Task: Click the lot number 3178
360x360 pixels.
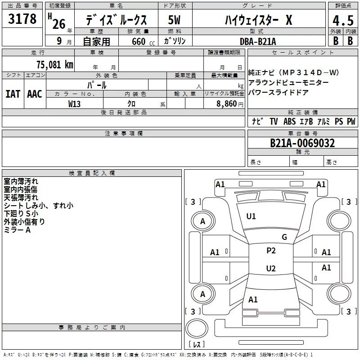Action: point(22,19)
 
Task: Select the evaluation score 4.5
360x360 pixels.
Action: point(342,21)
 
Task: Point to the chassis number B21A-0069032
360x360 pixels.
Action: point(302,143)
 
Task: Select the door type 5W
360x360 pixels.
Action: point(175,21)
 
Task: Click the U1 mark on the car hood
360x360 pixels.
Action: point(251,216)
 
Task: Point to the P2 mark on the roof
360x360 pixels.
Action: point(271,251)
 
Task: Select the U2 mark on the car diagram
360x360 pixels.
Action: point(270,269)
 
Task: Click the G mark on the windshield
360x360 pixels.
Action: point(284,237)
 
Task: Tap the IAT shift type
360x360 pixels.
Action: point(13,94)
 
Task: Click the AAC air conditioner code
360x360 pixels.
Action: point(34,94)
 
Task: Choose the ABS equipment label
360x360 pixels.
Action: point(289,121)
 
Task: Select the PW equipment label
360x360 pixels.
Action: point(351,121)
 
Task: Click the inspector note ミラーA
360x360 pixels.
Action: point(17,230)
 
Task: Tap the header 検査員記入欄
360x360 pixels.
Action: point(92,173)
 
